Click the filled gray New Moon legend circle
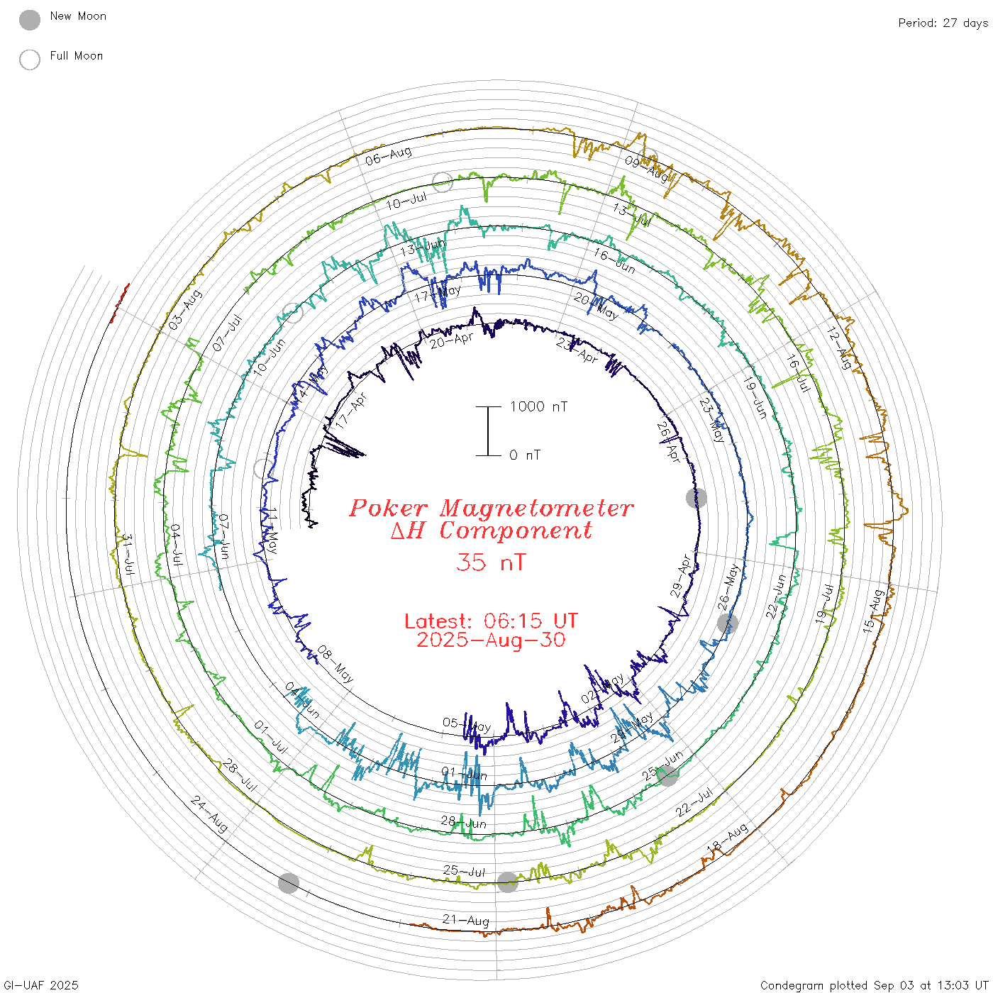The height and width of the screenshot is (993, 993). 30,21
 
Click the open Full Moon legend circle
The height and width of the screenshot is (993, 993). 30,60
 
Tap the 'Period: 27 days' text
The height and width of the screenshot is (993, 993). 943,23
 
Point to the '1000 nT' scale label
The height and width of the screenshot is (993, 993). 539,406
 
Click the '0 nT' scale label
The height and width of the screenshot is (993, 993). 525,455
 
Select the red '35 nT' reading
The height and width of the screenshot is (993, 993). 491,562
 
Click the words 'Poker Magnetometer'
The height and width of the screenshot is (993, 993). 491,508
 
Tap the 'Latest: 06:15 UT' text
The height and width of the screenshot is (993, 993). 491,621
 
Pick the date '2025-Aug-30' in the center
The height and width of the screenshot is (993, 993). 491,640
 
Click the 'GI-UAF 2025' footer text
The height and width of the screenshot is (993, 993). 41,985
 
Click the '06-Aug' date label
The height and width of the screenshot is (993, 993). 389,155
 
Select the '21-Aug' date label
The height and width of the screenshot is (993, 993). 466,920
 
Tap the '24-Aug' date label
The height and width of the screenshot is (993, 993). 209,814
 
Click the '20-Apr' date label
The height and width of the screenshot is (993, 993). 451,341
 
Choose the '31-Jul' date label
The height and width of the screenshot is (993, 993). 128,555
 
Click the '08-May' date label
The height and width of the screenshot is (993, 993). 335,664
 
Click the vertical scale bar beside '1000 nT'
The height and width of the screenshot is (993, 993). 488,431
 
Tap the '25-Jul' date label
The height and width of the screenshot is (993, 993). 464,870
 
